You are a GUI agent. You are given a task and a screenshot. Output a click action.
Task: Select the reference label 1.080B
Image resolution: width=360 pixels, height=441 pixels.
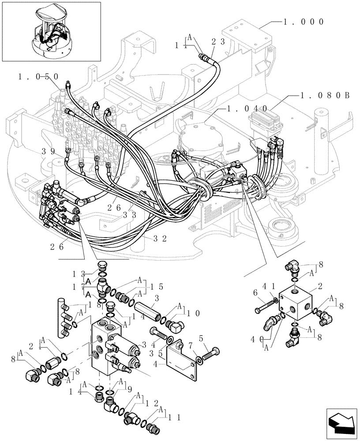coord(325,95)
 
